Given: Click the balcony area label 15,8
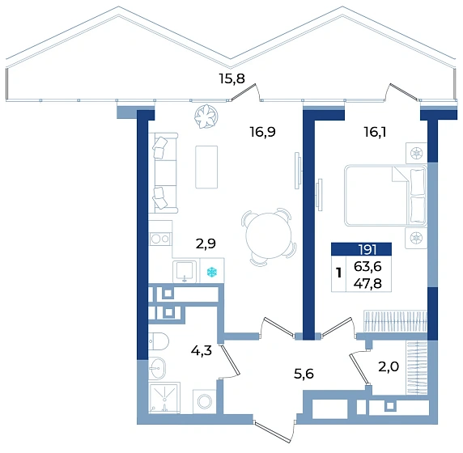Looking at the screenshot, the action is coord(231,78).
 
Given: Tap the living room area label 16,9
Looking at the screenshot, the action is coord(263,132).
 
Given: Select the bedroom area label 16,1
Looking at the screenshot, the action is coord(375,132).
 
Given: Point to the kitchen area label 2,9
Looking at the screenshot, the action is coord(206,243).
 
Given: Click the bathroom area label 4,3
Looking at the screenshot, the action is coord(202,350).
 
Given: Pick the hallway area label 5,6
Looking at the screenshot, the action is coord(304,374).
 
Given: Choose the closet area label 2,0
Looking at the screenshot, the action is coord(389,366).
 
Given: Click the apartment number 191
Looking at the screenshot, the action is coord(367,250).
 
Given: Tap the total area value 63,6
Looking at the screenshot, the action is coord(368,266).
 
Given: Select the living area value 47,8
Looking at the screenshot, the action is coord(368,284).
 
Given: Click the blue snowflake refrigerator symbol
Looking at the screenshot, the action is coord(212,272).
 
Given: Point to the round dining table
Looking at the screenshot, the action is coord(269,235).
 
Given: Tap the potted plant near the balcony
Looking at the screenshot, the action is coord(206,116).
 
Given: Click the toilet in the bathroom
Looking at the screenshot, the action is coord(158,341).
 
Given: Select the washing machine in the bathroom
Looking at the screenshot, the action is coord(205,402).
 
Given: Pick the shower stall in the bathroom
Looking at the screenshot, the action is coord(164,398).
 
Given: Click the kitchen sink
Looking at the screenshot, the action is coord(185,271).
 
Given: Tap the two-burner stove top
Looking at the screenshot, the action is coord(159,239).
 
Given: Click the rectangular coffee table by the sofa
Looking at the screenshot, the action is coord(206,167).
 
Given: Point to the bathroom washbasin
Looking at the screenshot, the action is coord(157,368).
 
